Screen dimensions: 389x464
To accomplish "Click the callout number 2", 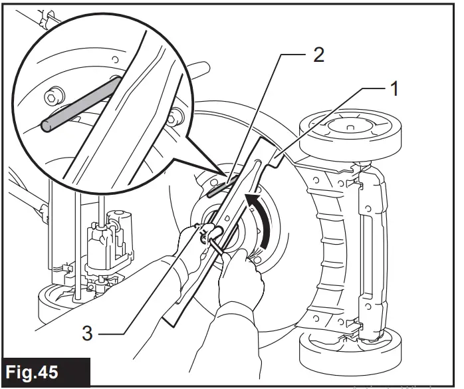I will tap(318, 55).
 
